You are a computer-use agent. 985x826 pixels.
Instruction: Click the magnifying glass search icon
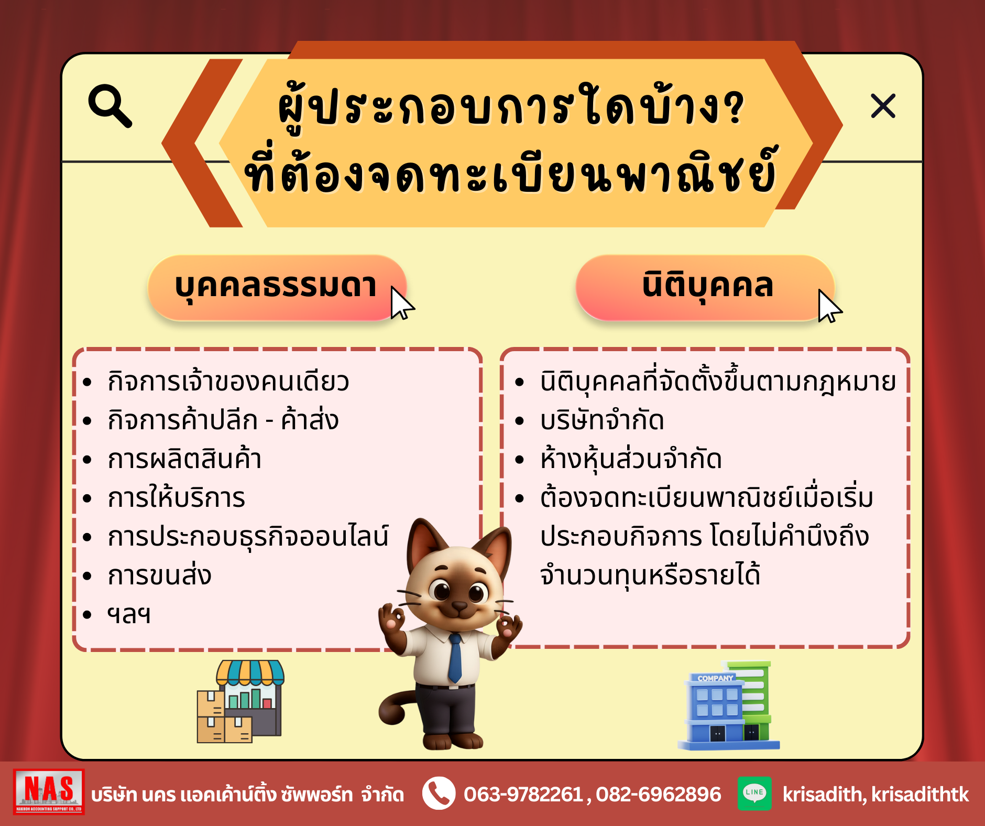110,106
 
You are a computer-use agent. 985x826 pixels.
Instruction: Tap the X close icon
883,106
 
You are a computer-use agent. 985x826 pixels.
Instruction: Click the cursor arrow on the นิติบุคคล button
829,306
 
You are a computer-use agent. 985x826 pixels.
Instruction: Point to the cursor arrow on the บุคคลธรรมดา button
402,303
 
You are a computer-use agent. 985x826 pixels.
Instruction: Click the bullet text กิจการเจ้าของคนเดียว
228,382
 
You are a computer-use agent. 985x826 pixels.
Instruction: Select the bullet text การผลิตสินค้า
184,459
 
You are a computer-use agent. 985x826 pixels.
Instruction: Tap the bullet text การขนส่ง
159,575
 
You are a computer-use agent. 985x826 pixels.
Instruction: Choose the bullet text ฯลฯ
129,614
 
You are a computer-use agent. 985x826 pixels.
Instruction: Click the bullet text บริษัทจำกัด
603,420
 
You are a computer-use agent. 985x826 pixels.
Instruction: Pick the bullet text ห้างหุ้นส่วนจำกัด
631,459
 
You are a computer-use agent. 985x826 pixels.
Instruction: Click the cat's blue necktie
455,658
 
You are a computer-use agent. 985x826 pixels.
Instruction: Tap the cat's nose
459,606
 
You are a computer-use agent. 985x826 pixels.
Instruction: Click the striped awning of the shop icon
250,672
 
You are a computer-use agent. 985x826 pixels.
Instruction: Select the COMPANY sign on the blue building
715,678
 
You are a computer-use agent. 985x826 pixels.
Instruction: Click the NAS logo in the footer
49,792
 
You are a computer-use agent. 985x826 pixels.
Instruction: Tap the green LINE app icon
754,794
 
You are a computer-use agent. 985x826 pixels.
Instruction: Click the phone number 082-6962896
659,795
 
